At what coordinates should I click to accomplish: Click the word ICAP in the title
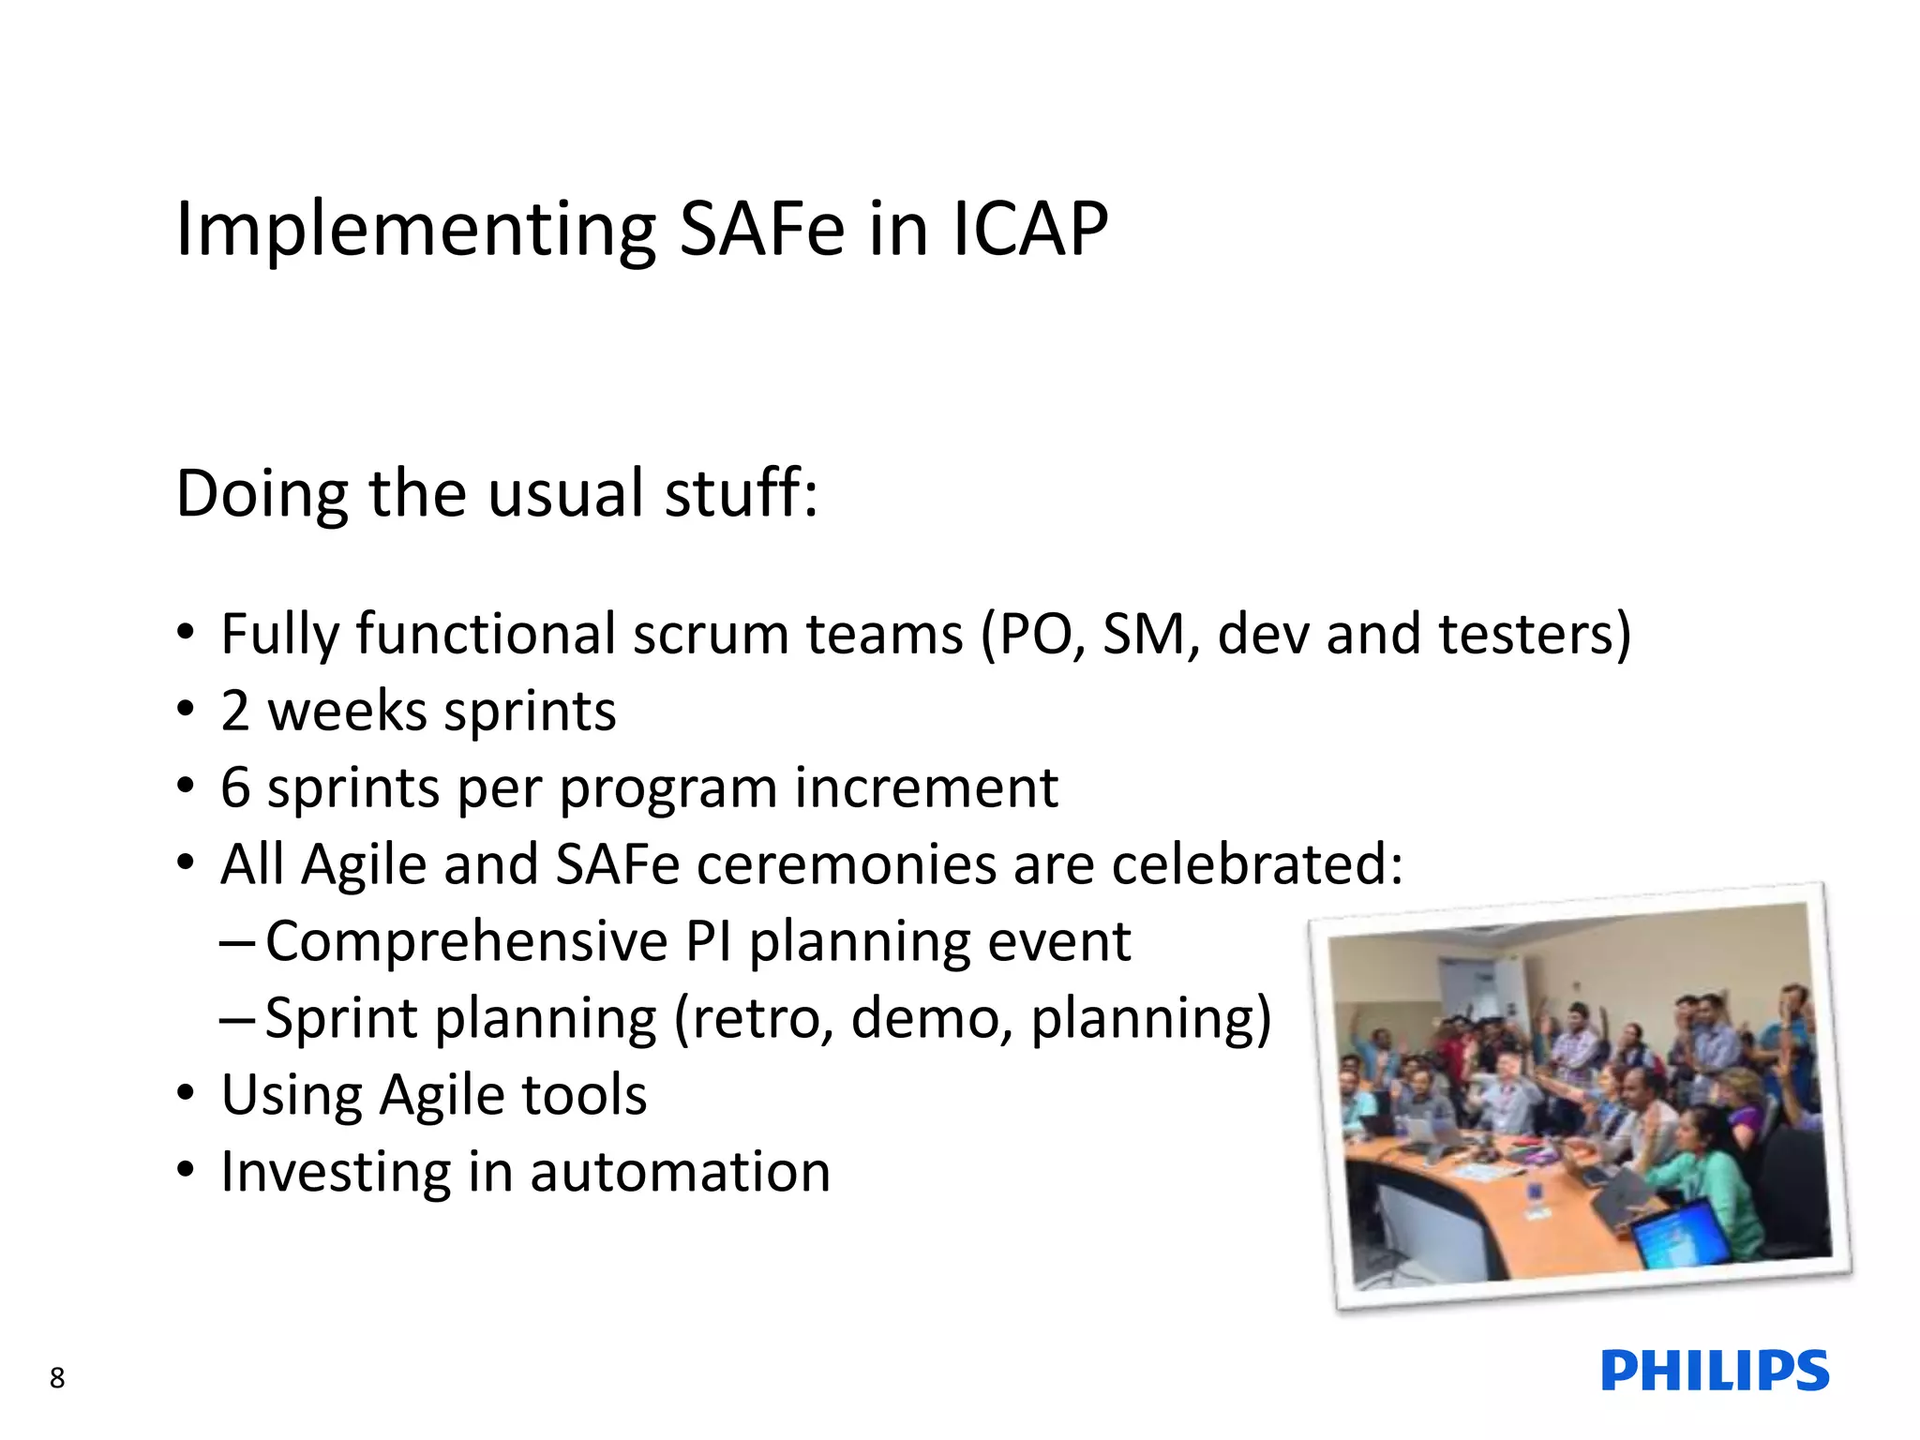[1029, 229]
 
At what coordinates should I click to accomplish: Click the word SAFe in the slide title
[761, 229]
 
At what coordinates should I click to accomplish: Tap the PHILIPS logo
[1715, 1371]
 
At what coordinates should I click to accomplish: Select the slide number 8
[57, 1377]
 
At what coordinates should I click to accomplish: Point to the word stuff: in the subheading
[741, 493]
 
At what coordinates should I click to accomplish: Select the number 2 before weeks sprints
[235, 711]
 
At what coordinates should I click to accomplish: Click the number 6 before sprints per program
[235, 787]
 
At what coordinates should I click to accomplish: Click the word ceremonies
[846, 864]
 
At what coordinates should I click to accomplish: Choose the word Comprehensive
[466, 941]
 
